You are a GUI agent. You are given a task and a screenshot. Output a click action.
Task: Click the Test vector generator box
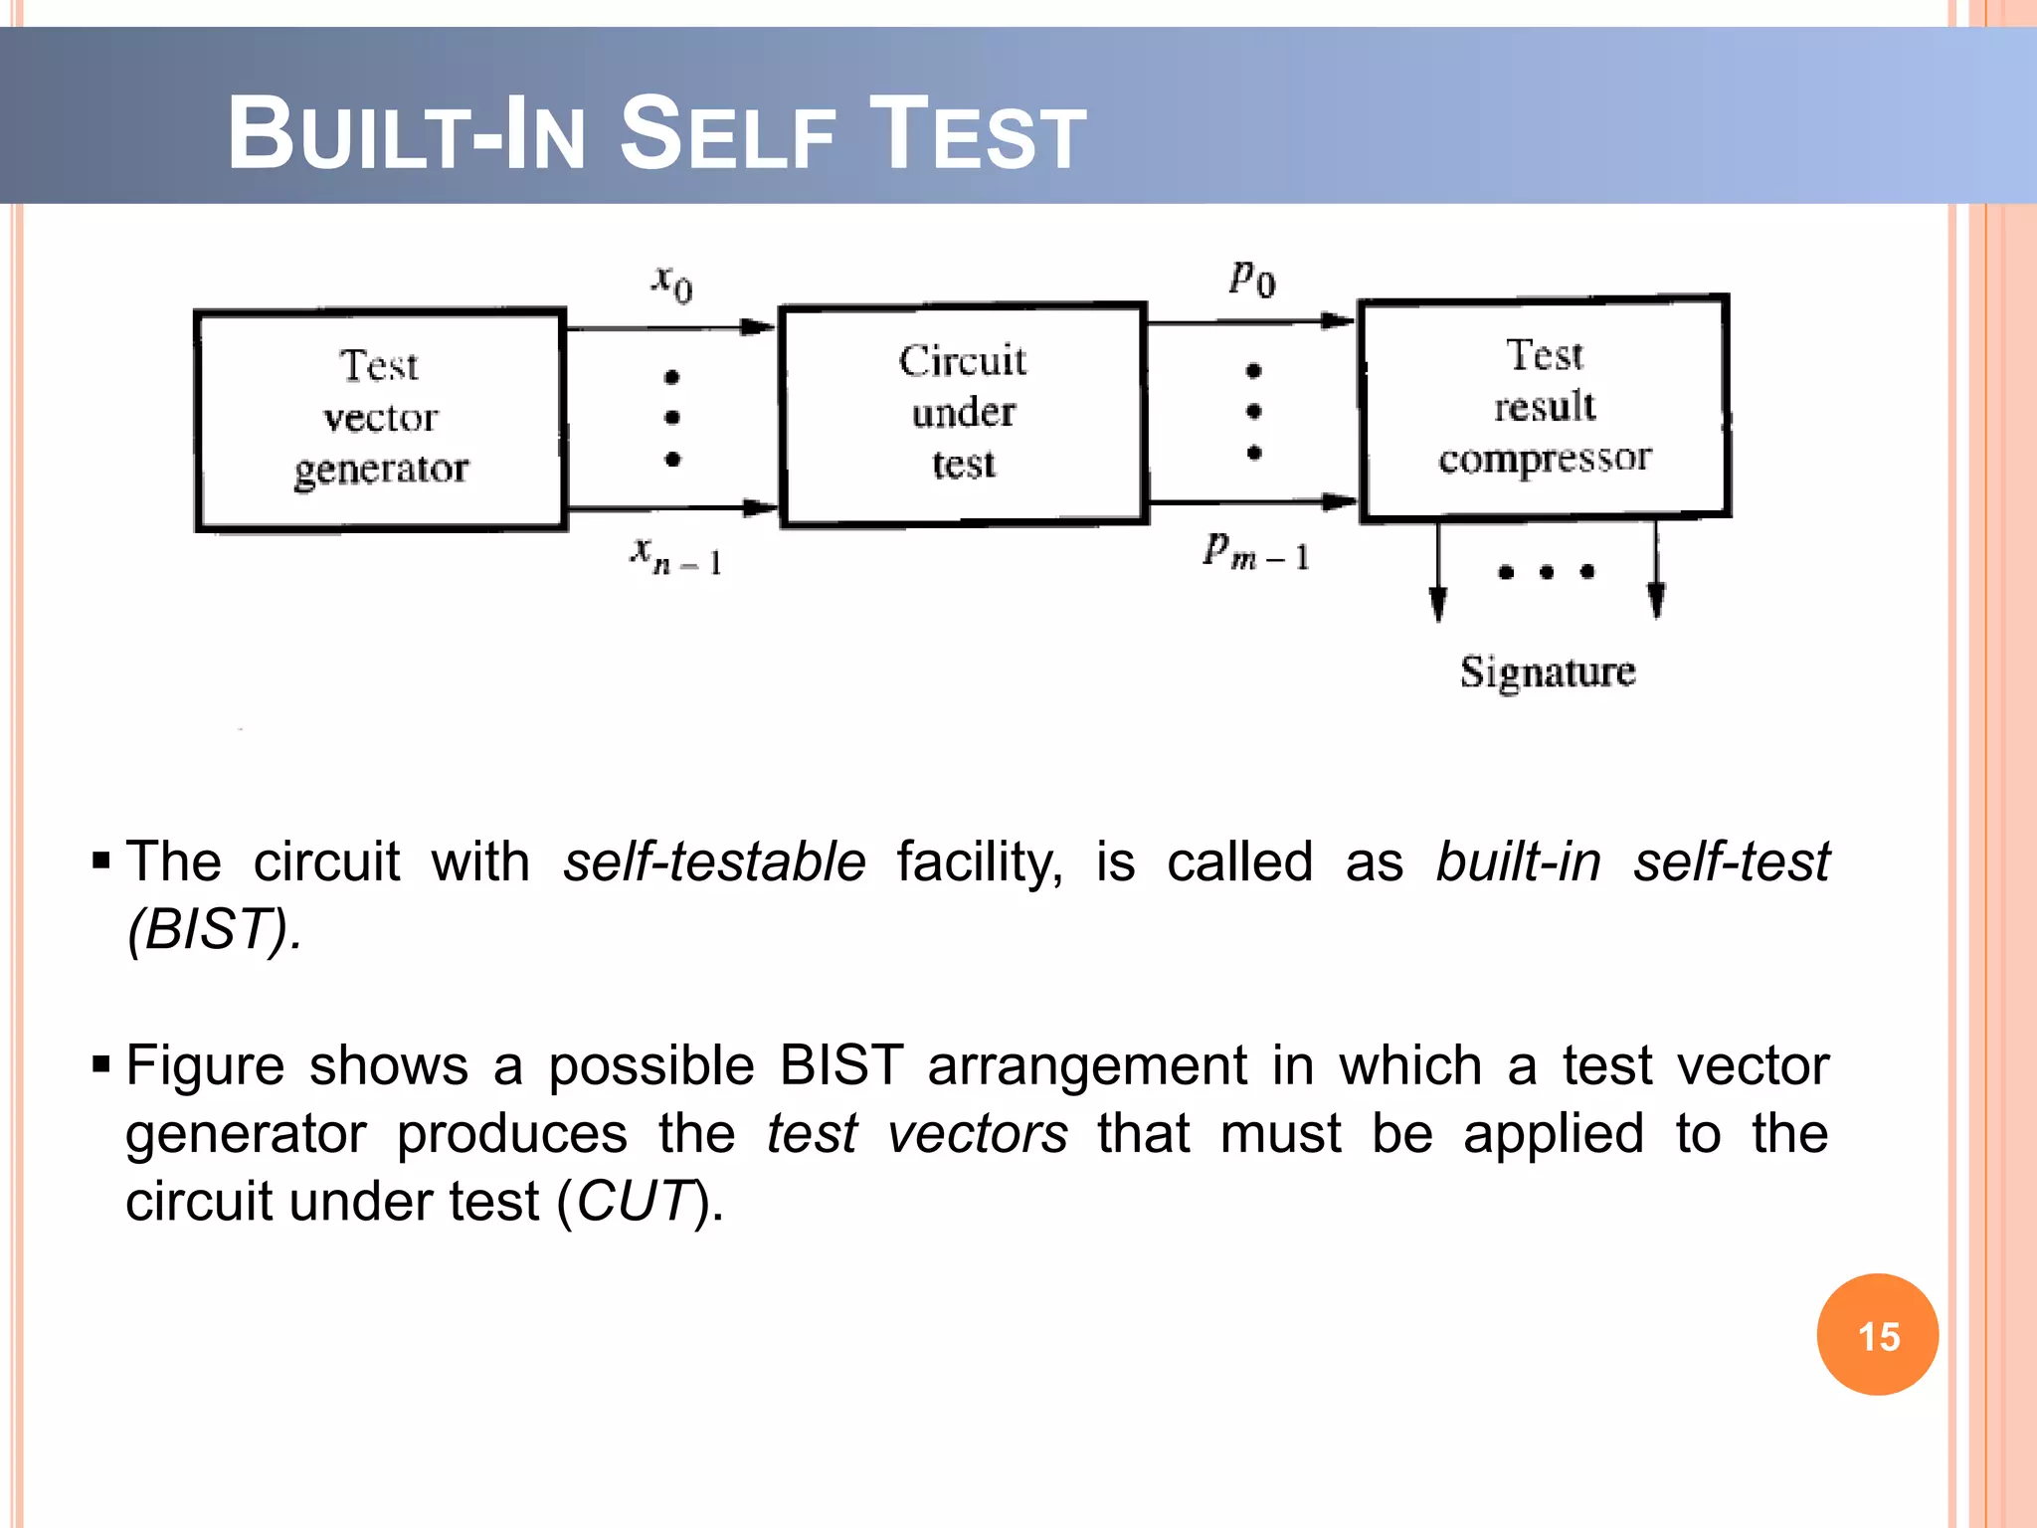[x=380, y=420]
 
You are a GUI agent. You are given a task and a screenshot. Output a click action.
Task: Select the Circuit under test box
[x=963, y=414]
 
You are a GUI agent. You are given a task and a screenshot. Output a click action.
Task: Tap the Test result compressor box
[x=1544, y=408]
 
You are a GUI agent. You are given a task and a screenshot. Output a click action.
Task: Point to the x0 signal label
[x=672, y=283]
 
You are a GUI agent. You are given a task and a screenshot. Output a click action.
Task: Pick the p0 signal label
[x=1252, y=278]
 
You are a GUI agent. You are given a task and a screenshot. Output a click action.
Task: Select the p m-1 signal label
[x=1255, y=550]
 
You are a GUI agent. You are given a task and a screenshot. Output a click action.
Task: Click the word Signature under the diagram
[x=1548, y=671]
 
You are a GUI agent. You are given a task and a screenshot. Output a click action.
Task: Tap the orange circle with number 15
[x=1877, y=1335]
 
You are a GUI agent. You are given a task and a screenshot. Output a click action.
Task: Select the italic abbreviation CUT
[x=634, y=1201]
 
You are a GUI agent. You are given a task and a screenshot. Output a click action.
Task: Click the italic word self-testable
[x=714, y=861]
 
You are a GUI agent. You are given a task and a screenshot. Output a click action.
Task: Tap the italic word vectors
[x=978, y=1133]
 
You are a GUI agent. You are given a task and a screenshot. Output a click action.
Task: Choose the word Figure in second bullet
[x=206, y=1065]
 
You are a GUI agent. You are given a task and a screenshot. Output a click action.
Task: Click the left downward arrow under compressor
[x=1437, y=572]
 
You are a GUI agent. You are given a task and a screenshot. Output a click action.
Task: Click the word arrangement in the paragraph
[x=1087, y=1065]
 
